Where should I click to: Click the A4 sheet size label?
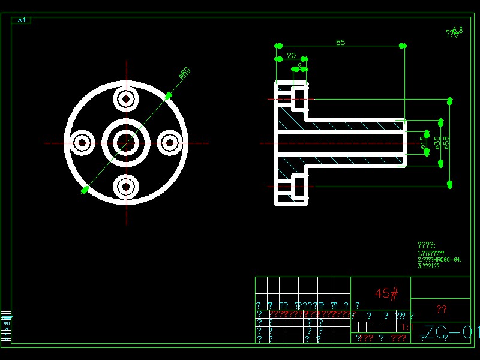pyautogui.click(x=22, y=20)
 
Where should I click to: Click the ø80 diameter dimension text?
pyautogui.click(x=184, y=73)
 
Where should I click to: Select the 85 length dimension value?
pyautogui.click(x=340, y=42)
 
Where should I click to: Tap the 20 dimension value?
pyautogui.click(x=291, y=55)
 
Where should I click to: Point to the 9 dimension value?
pyautogui.click(x=299, y=65)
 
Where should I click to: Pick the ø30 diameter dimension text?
pyautogui.click(x=437, y=142)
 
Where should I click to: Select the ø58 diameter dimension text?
pyautogui.click(x=446, y=142)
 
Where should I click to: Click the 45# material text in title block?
pyautogui.click(x=386, y=293)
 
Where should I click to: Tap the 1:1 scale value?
pyautogui.click(x=406, y=328)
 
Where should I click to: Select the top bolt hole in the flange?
pyautogui.click(x=126, y=99)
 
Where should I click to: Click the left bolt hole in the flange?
pyautogui.click(x=82, y=143)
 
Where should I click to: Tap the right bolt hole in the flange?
pyautogui.click(x=170, y=143)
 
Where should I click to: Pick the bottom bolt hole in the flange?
pyautogui.click(x=126, y=187)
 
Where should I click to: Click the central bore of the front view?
pyautogui.click(x=126, y=143)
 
